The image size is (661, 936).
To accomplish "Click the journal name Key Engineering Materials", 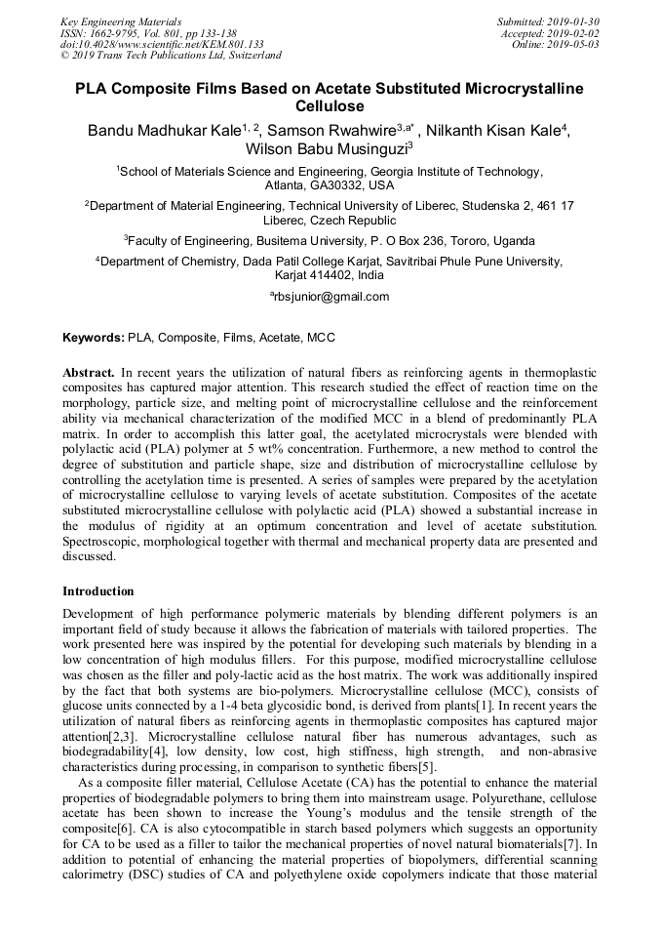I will tap(120, 20).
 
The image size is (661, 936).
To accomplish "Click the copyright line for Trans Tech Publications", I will tap(171, 56).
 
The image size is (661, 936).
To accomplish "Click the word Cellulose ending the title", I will tap(330, 106).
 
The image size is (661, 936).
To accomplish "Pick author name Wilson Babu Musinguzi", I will tap(312, 149).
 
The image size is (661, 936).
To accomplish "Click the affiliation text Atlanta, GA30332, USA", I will tap(330, 184).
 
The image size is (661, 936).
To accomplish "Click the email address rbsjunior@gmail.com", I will tap(331, 297).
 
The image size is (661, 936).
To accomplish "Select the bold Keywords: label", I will tap(94, 338).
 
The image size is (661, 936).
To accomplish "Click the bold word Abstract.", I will tap(89, 374).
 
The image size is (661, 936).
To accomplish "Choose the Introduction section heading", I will tap(98, 591).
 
